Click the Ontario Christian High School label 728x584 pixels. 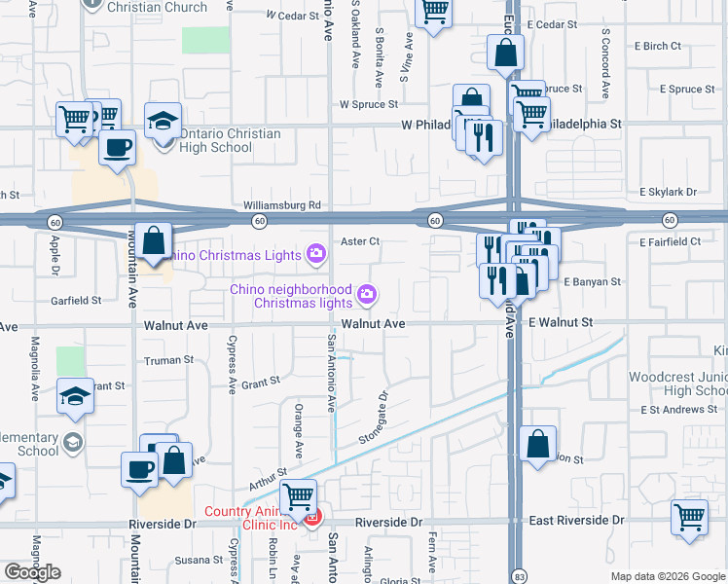click(x=229, y=141)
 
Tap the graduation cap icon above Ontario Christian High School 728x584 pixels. click(x=163, y=121)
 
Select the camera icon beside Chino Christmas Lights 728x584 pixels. click(x=315, y=255)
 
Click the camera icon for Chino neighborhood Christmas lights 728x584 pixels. click(x=367, y=293)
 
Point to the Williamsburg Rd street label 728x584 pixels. click(x=282, y=205)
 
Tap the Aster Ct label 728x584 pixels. click(x=359, y=241)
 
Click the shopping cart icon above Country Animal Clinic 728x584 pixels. click(x=299, y=496)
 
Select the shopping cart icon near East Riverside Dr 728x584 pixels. click(x=689, y=516)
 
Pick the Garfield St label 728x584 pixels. click(x=77, y=301)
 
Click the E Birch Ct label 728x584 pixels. click(x=657, y=46)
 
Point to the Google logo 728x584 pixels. click(x=32, y=572)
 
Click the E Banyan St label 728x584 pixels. click(x=591, y=281)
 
